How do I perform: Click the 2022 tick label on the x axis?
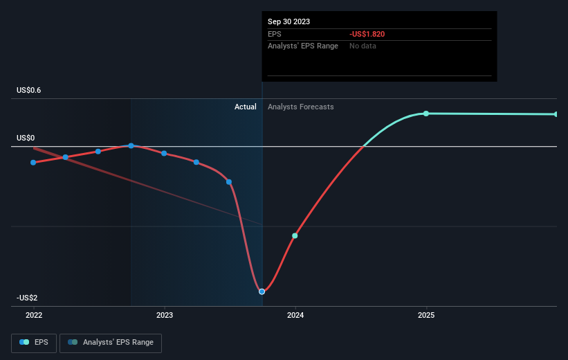pos(33,314)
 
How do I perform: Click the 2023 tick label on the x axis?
pos(165,314)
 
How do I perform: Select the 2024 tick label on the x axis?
pos(295,314)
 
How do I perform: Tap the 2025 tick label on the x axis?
pos(426,314)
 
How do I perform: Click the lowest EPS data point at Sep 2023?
pos(262,291)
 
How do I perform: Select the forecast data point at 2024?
pos(295,236)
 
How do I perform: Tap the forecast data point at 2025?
pos(426,114)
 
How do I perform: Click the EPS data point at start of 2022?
pos(33,163)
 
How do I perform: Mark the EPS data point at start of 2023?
pos(164,153)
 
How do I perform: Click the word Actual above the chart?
pos(245,107)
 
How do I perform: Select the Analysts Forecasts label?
pos(300,107)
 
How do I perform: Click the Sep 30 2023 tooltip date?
pos(288,21)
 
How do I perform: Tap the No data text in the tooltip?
pos(363,46)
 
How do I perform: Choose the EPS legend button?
pos(34,342)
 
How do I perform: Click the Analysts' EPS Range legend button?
pos(111,342)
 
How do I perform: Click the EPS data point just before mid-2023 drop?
pos(229,182)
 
